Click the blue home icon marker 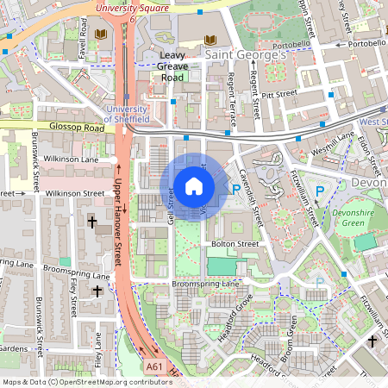[194, 186]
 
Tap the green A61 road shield [154, 366]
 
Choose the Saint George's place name [245, 54]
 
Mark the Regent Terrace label [231, 96]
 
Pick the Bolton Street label [235, 244]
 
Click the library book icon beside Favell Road [100, 34]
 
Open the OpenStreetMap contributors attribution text [74, 382]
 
